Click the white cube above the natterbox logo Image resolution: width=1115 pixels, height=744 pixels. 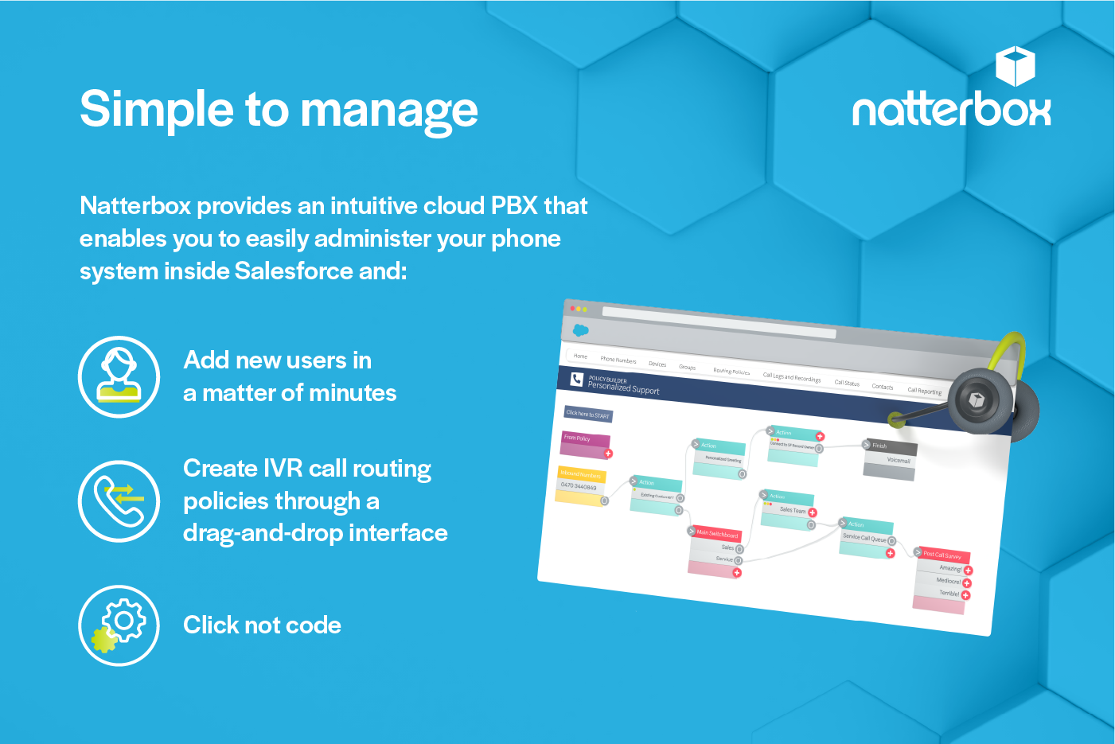click(x=1015, y=66)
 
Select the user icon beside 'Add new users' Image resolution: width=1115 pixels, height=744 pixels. click(x=119, y=376)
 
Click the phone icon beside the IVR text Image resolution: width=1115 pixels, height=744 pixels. click(x=119, y=501)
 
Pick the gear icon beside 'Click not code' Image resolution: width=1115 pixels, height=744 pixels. click(x=119, y=625)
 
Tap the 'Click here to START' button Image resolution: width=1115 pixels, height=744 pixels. click(x=588, y=414)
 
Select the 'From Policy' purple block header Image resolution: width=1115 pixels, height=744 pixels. click(x=583, y=438)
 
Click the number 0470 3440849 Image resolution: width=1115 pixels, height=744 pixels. click(x=579, y=486)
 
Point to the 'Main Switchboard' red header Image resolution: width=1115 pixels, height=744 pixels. click(x=717, y=534)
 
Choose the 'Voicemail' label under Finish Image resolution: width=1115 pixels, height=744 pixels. click(x=898, y=461)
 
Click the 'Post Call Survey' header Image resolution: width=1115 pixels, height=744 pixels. click(x=943, y=555)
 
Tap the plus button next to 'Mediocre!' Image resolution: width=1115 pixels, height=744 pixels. click(x=967, y=583)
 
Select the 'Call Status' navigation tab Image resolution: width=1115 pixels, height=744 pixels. click(x=847, y=383)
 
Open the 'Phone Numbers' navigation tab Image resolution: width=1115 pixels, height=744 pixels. click(x=618, y=360)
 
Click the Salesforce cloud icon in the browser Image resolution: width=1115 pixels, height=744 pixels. click(x=580, y=329)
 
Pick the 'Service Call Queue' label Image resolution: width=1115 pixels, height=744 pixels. click(x=864, y=538)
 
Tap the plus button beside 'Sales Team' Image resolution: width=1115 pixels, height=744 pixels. click(x=813, y=512)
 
